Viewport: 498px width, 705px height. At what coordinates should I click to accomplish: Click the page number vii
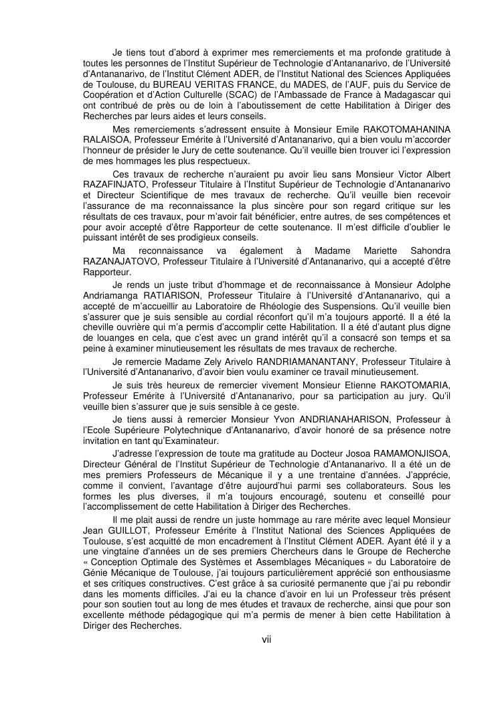[266, 639]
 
